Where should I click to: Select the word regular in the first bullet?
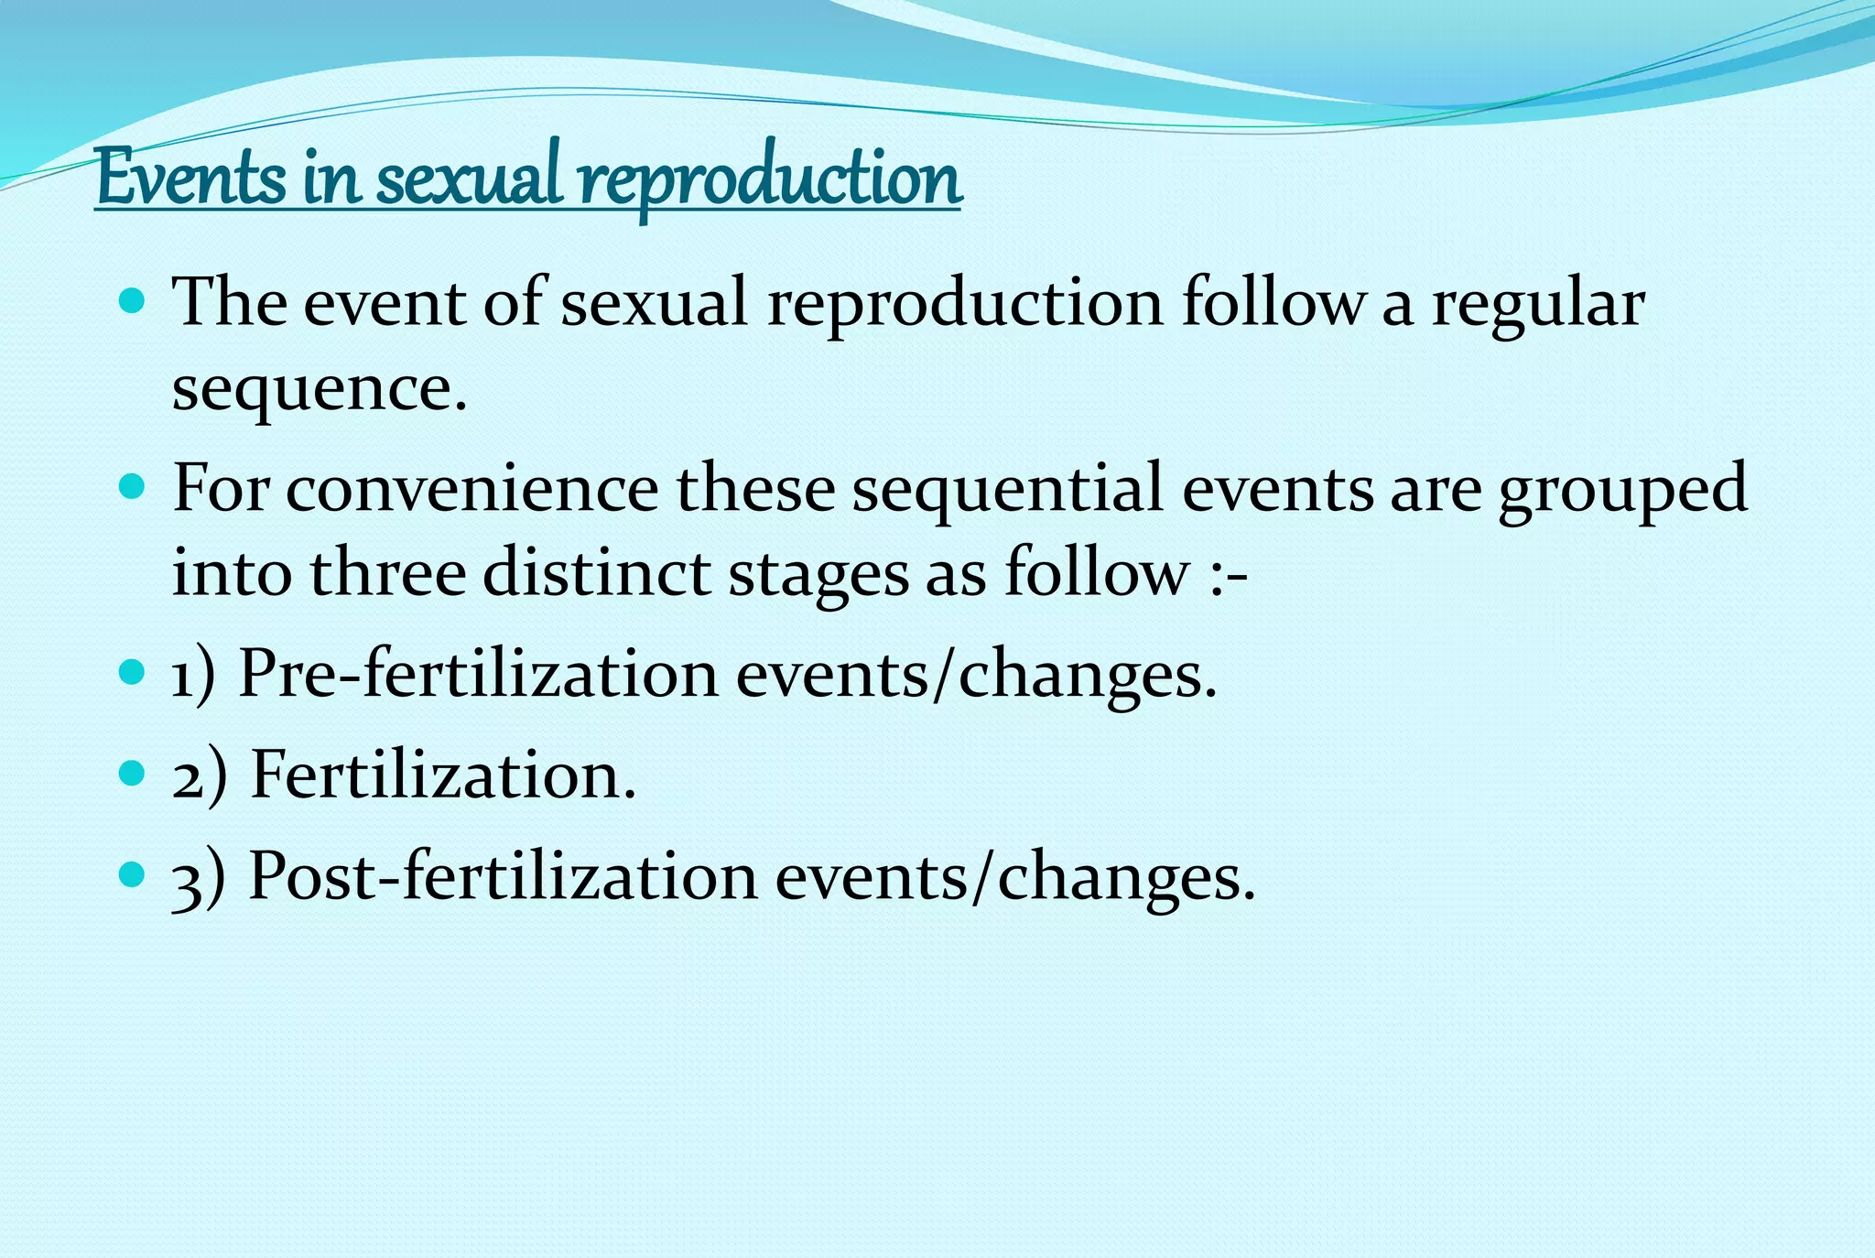click(x=1538, y=305)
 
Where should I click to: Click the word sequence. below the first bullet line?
click(x=320, y=389)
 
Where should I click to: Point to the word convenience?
click(x=471, y=490)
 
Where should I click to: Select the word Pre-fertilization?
click(x=478, y=675)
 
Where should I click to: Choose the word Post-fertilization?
click(x=503, y=877)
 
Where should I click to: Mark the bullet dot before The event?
click(x=133, y=300)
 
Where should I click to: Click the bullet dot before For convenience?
click(x=133, y=485)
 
